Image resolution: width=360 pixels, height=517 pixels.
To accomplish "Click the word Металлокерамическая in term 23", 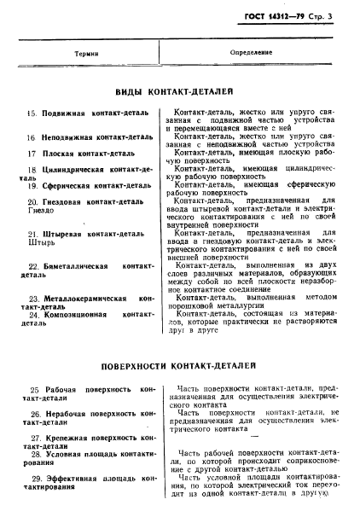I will point(85,299).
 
